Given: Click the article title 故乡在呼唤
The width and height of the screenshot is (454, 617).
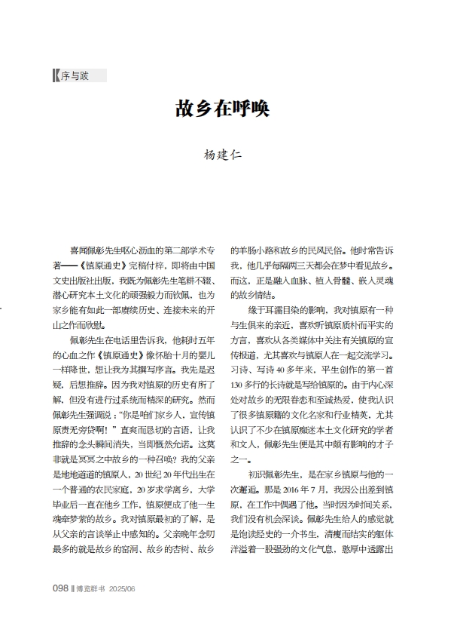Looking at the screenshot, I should [222, 109].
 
